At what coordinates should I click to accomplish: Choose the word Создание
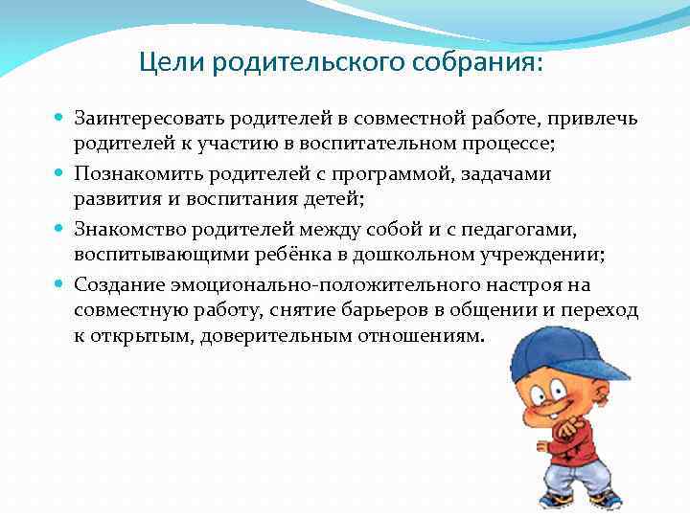[120, 285]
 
